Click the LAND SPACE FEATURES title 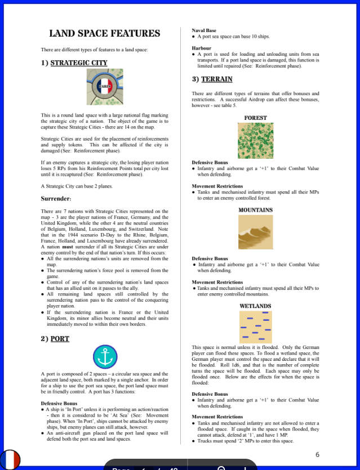105,34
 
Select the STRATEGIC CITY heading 78,62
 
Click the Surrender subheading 56,199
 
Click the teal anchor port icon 105,356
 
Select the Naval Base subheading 204,30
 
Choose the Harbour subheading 202,48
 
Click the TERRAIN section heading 216,79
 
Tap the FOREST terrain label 255,118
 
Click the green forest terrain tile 255,141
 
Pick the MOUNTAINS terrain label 255,210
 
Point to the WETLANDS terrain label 255,306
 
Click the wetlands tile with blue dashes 255,326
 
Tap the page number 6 317,454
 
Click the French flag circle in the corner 10,459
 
